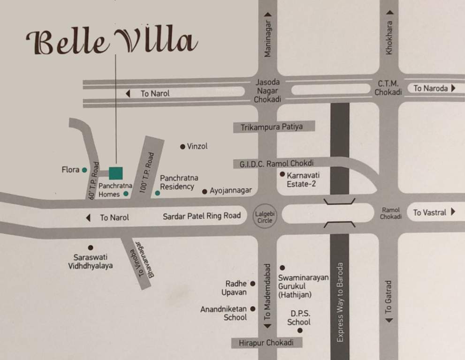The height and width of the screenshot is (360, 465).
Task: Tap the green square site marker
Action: point(115,172)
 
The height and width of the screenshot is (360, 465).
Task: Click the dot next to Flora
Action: point(84,170)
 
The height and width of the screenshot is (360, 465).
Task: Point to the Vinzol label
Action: point(197,146)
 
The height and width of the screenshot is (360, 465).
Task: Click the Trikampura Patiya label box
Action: point(272,127)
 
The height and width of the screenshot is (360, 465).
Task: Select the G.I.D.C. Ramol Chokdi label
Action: point(277,164)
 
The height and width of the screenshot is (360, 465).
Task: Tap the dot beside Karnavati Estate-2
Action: point(282,174)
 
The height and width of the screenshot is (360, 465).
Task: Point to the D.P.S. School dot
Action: point(300,331)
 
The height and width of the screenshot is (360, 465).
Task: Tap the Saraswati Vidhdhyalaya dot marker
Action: point(91,247)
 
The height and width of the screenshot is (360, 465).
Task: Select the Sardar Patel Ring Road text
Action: point(202,216)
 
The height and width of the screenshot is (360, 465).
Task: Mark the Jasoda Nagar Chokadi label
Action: point(267,90)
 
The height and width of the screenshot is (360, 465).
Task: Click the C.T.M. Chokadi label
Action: point(388,88)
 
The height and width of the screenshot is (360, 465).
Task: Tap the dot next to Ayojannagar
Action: point(205,191)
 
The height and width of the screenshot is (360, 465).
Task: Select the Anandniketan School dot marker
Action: point(252,309)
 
